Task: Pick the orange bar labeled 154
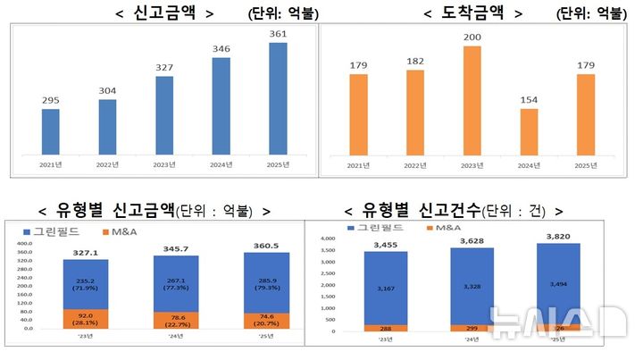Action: pyautogui.click(x=529, y=134)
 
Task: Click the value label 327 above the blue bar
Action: pyautogui.click(x=164, y=67)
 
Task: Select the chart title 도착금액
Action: pyautogui.click(x=472, y=13)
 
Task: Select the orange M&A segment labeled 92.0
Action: pyautogui.click(x=86, y=318)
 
